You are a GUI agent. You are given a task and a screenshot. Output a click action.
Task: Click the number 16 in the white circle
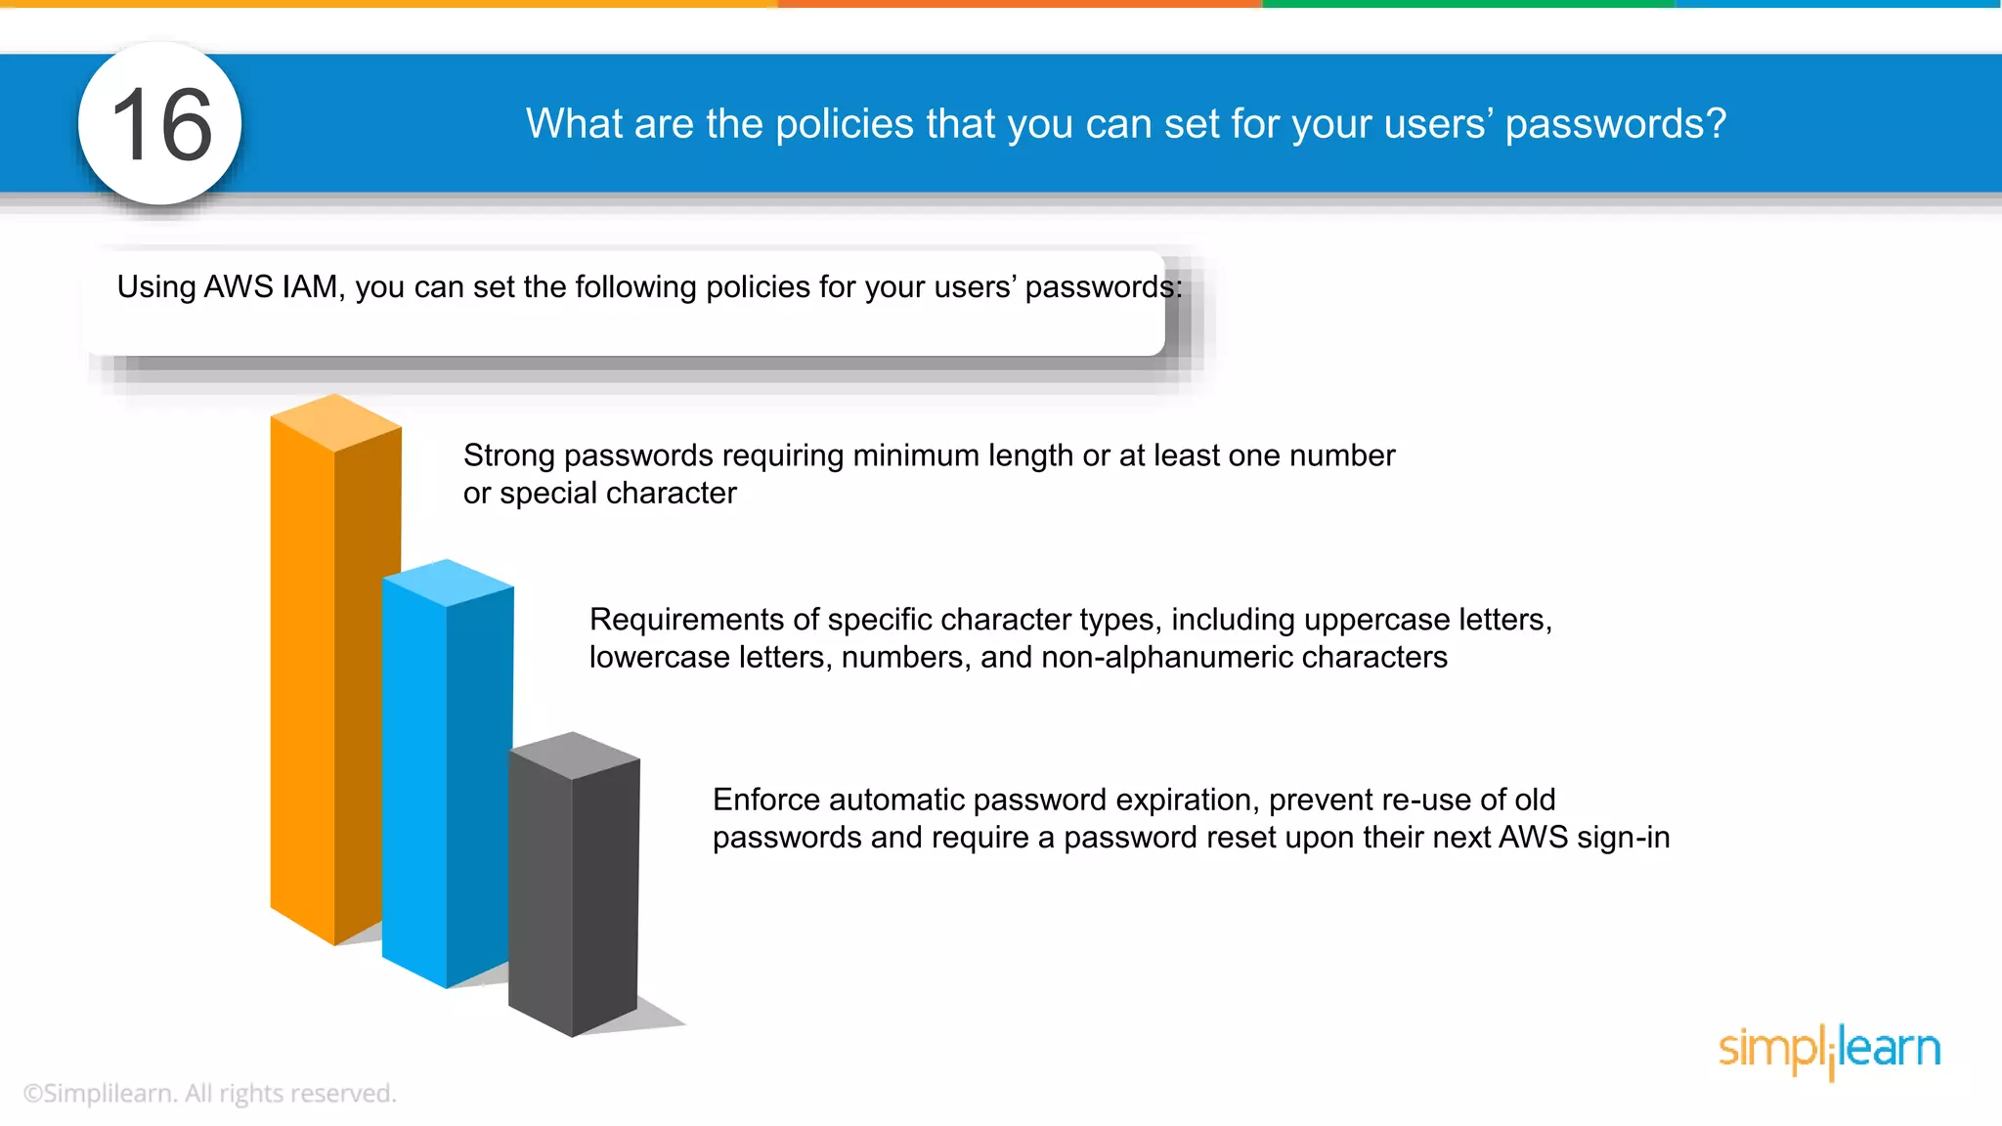[x=161, y=125]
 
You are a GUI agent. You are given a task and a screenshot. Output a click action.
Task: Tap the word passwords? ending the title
[x=1615, y=124]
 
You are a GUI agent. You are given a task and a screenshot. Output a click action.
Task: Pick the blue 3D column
[x=430, y=782]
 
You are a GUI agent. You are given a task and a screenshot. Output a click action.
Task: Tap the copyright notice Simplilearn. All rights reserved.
[x=209, y=1093]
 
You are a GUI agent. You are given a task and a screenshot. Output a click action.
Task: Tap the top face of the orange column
[x=335, y=422]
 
